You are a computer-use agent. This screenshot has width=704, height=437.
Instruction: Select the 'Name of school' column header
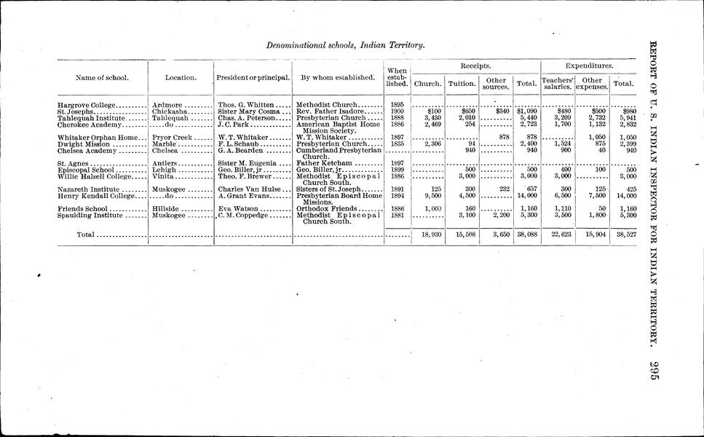(102, 77)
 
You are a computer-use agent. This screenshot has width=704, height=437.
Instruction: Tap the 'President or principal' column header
(253, 77)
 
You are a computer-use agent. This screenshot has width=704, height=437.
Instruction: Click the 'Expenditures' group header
(589, 66)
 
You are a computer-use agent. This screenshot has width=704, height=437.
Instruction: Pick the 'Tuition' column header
(462, 84)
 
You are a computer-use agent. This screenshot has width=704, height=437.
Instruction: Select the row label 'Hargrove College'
(87, 106)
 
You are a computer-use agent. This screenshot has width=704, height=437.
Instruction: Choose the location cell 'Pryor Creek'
(172, 137)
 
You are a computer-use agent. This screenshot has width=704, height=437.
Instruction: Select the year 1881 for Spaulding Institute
(398, 216)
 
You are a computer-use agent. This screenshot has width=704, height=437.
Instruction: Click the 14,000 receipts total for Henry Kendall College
(526, 196)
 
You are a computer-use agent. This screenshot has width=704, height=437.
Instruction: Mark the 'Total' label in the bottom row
(87, 235)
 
